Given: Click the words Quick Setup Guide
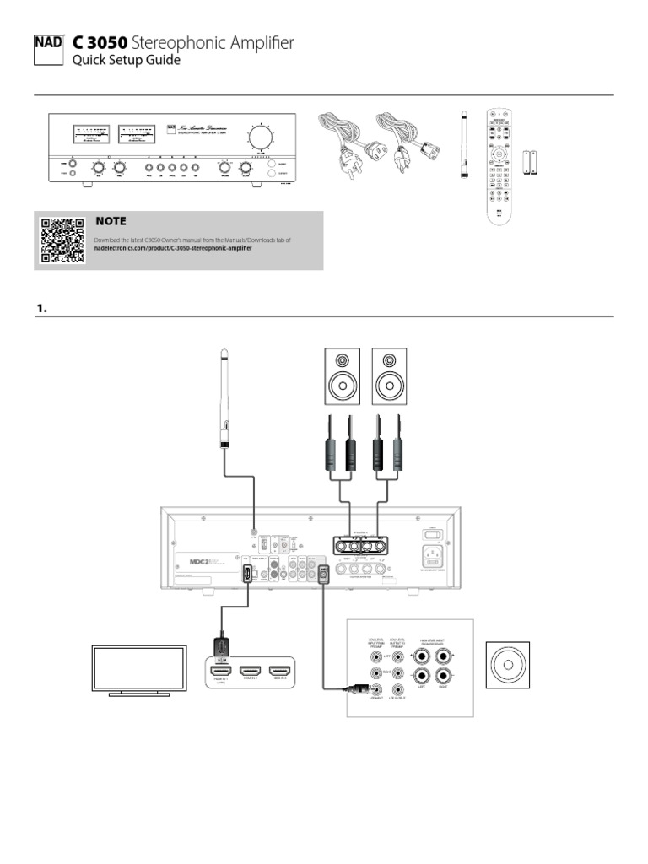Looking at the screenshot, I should pos(126,61).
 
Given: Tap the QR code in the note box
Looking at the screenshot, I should pos(62,240).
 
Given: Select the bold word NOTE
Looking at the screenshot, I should pos(111,221).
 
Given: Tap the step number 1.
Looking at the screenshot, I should pos(40,309).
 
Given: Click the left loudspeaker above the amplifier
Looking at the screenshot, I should pos(342,376).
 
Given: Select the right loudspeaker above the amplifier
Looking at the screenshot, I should pos(390,376).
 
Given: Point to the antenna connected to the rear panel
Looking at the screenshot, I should pos(225,401).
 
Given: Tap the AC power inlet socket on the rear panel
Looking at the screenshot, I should pos(434,558).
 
